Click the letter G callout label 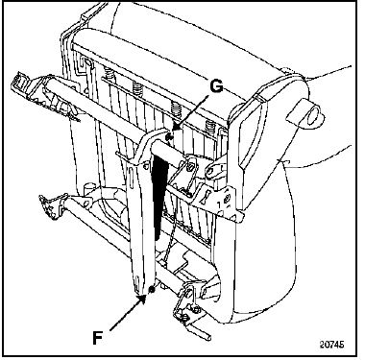216,85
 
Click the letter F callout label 97,337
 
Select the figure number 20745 332,345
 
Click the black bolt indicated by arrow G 170,137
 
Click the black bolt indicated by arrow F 152,290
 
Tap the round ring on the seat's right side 313,114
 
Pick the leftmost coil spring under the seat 109,76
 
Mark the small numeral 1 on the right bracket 220,204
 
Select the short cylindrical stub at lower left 87,187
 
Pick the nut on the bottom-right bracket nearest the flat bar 184,317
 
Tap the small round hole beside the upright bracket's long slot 146,165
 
